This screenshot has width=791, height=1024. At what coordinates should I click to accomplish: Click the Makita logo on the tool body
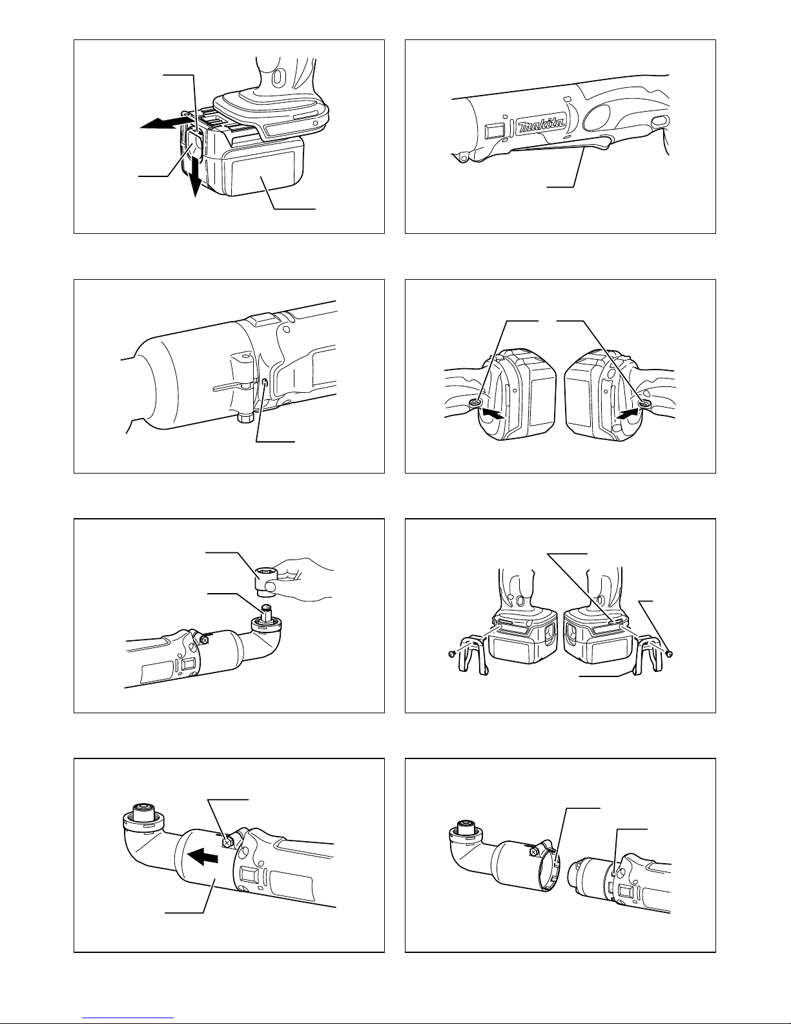[x=542, y=125]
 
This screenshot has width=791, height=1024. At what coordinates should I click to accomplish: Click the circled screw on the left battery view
[x=475, y=402]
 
